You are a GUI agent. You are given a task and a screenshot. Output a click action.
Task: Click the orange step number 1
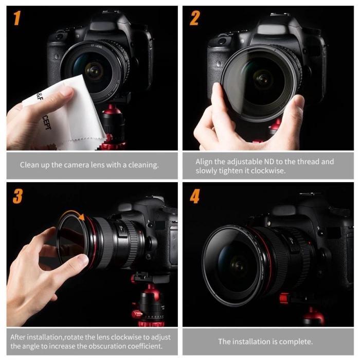[x=17, y=19]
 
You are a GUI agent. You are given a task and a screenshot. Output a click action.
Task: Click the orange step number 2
[x=194, y=19]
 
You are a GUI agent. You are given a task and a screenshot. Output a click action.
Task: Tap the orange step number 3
[x=17, y=196]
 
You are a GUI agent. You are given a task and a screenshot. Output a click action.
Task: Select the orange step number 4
[x=194, y=196]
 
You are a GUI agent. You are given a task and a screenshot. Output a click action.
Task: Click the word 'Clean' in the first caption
[x=30, y=165]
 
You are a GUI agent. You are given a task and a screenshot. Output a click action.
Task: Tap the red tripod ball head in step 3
[x=150, y=303]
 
